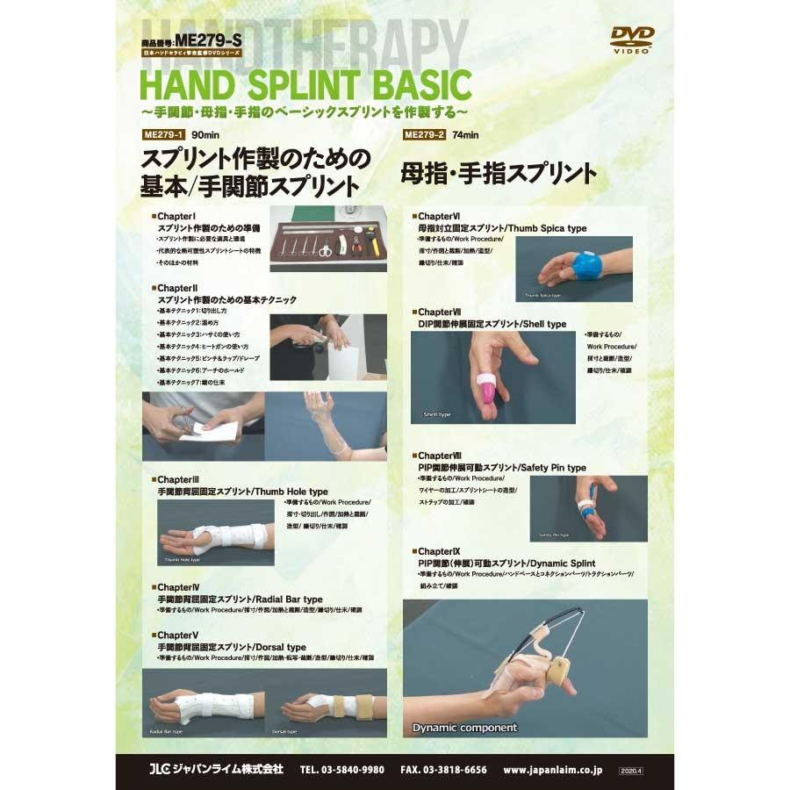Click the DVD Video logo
tap(632, 39)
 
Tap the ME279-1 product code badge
tap(162, 134)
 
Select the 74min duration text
tap(466, 134)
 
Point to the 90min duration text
tap(204, 134)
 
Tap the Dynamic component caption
tap(465, 727)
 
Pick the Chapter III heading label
tap(177, 480)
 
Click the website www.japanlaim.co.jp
tap(553, 770)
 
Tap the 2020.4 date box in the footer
tap(631, 770)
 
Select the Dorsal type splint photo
tap(326, 702)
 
